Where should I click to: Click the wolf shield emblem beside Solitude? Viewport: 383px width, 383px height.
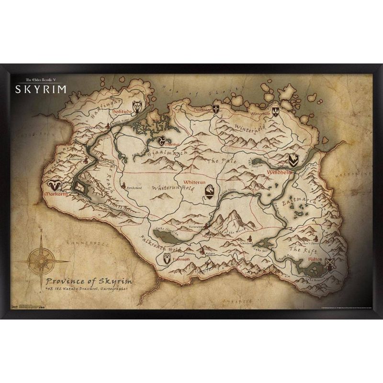click(137, 106)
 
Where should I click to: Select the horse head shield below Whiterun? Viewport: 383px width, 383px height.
click(210, 192)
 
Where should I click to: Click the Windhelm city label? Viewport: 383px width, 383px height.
click(276, 171)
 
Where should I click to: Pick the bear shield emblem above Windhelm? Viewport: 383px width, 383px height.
click(293, 160)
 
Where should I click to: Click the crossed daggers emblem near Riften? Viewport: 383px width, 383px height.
click(329, 264)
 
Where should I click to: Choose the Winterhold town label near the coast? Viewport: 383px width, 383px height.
click(260, 114)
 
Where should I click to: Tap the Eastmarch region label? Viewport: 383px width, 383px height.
click(302, 201)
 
